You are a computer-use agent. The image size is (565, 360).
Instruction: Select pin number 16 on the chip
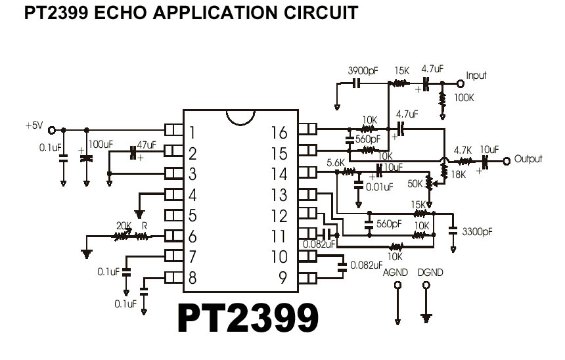coord(279,133)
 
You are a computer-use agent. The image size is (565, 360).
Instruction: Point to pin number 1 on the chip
coord(192,133)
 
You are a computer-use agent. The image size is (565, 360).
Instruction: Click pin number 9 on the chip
coord(282,277)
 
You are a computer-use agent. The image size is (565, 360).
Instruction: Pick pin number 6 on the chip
coord(192,235)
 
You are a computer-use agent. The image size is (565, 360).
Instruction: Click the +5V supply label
coord(34,125)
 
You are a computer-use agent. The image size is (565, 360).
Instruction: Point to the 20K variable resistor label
coord(124,225)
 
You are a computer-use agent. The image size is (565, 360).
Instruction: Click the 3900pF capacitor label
coord(363,70)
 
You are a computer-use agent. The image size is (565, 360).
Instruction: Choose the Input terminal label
coord(476,76)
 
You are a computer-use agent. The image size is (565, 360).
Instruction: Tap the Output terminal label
coord(529,159)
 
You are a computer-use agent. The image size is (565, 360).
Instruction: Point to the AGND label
coord(395,272)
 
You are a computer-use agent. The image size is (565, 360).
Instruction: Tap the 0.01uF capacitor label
coord(379,187)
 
